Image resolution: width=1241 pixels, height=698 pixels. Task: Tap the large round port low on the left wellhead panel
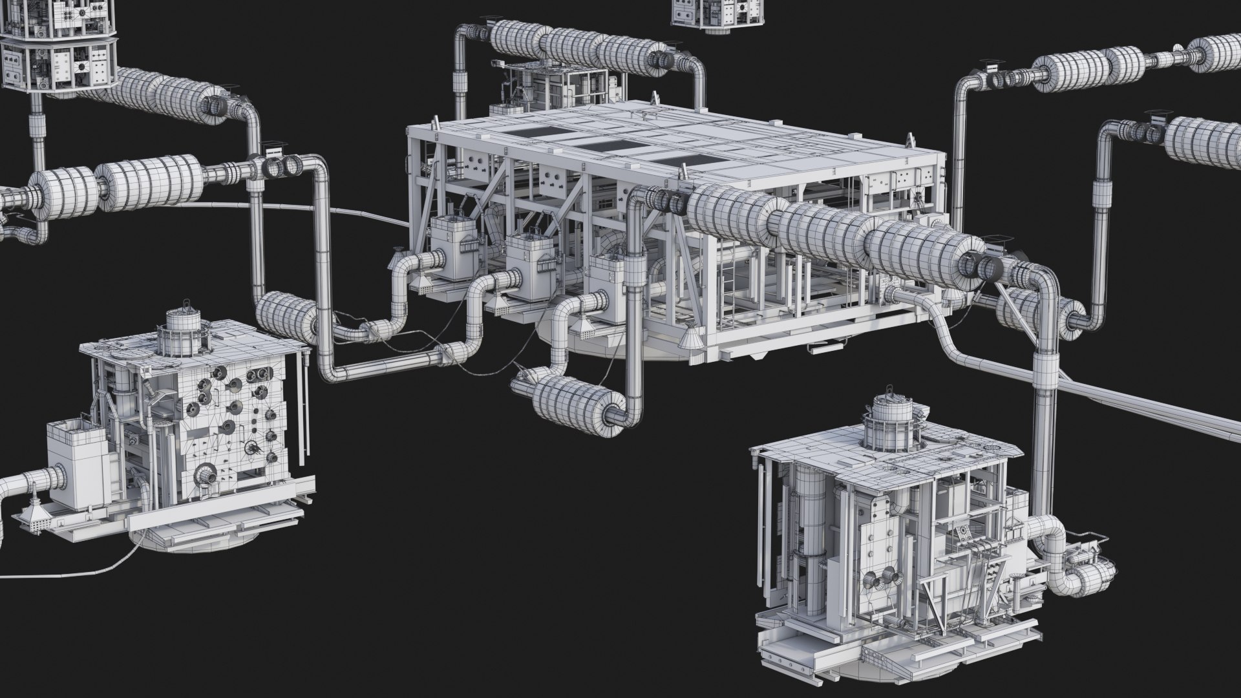(207, 477)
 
